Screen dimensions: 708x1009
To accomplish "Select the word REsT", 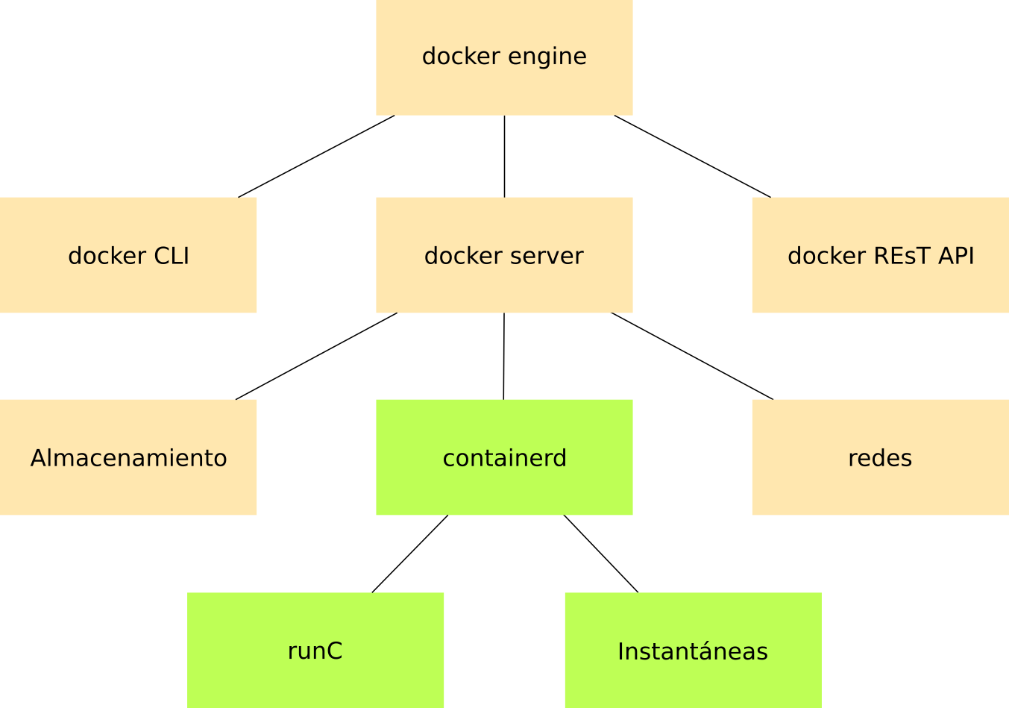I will [900, 256].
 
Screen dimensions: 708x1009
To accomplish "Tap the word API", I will [956, 256].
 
